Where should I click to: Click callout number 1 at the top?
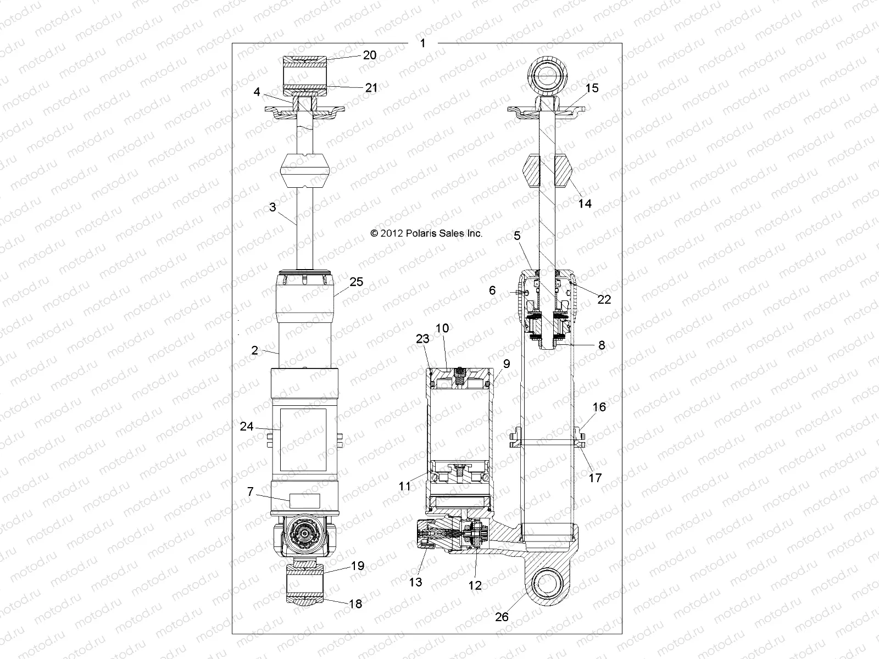422,43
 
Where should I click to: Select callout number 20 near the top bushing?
370,54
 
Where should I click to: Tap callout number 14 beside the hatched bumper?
585,203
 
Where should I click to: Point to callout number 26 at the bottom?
502,617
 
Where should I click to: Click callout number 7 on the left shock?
251,492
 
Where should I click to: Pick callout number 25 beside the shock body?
357,282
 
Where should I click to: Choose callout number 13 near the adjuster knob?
416,582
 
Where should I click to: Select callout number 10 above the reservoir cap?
442,328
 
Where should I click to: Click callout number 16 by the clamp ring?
599,407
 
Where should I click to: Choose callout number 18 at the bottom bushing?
355,604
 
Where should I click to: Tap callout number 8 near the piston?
602,345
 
